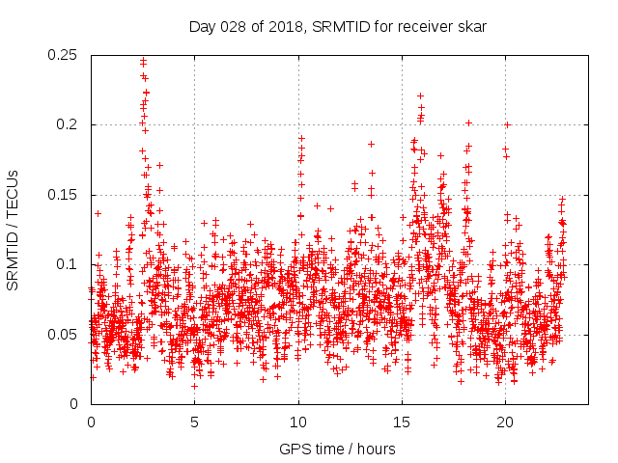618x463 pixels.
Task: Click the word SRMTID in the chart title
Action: [337, 26]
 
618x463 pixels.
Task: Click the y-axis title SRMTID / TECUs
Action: [14, 229]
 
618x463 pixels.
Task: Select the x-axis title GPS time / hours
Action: [337, 449]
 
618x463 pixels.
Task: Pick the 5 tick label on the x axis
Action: [194, 422]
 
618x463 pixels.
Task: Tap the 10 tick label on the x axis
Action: [298, 422]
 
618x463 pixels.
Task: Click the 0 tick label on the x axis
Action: [91, 422]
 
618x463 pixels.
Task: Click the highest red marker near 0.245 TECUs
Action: [144, 60]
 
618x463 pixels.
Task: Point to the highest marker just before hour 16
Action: [420, 95]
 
